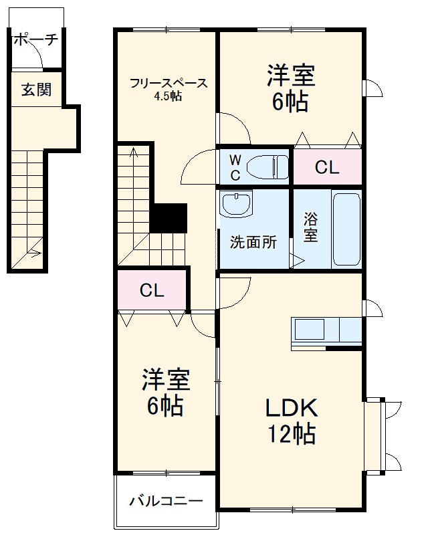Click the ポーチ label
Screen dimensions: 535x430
(x=35, y=39)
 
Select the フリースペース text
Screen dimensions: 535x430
(x=169, y=84)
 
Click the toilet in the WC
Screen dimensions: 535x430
(x=266, y=165)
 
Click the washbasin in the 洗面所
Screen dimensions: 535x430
(x=235, y=204)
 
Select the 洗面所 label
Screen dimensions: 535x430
(x=253, y=243)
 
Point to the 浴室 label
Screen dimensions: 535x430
(x=310, y=227)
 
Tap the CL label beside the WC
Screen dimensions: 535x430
(x=327, y=168)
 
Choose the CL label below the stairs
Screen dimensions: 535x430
(x=152, y=290)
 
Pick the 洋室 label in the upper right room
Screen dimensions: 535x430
(x=291, y=75)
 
